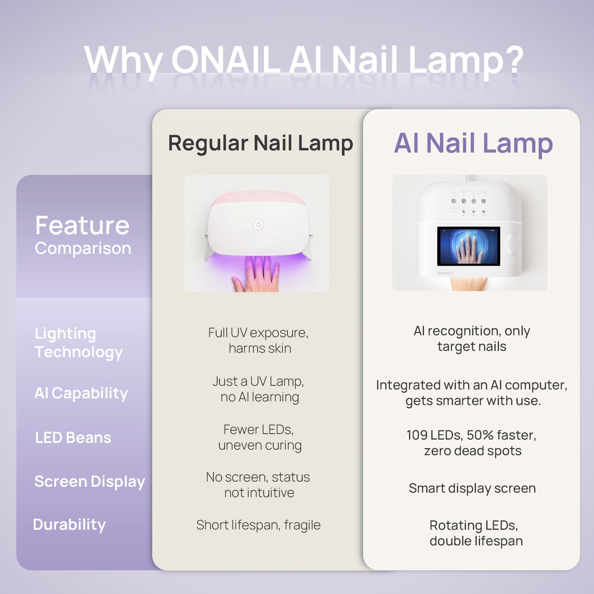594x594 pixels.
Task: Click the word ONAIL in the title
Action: [226, 60]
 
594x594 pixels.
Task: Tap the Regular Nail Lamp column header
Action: [260, 143]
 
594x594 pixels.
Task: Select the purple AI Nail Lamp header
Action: [473, 143]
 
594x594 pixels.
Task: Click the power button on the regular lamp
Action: [258, 224]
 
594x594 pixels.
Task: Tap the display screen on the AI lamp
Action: [468, 246]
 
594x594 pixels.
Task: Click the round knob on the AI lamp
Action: [514, 244]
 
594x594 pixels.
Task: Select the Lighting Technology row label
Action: [79, 342]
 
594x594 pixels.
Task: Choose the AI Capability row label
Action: [81, 393]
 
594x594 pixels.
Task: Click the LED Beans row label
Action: [73, 438]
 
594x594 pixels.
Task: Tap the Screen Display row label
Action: [90, 481]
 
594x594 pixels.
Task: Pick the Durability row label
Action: [69, 525]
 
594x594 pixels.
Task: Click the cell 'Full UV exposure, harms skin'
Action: [259, 340]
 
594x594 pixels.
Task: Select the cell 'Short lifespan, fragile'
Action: [258, 525]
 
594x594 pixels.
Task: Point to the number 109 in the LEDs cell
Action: [416, 435]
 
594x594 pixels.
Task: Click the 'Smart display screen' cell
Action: [472, 488]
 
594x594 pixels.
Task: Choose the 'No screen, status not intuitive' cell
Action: [258, 485]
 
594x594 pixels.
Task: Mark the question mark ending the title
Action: [514, 60]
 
